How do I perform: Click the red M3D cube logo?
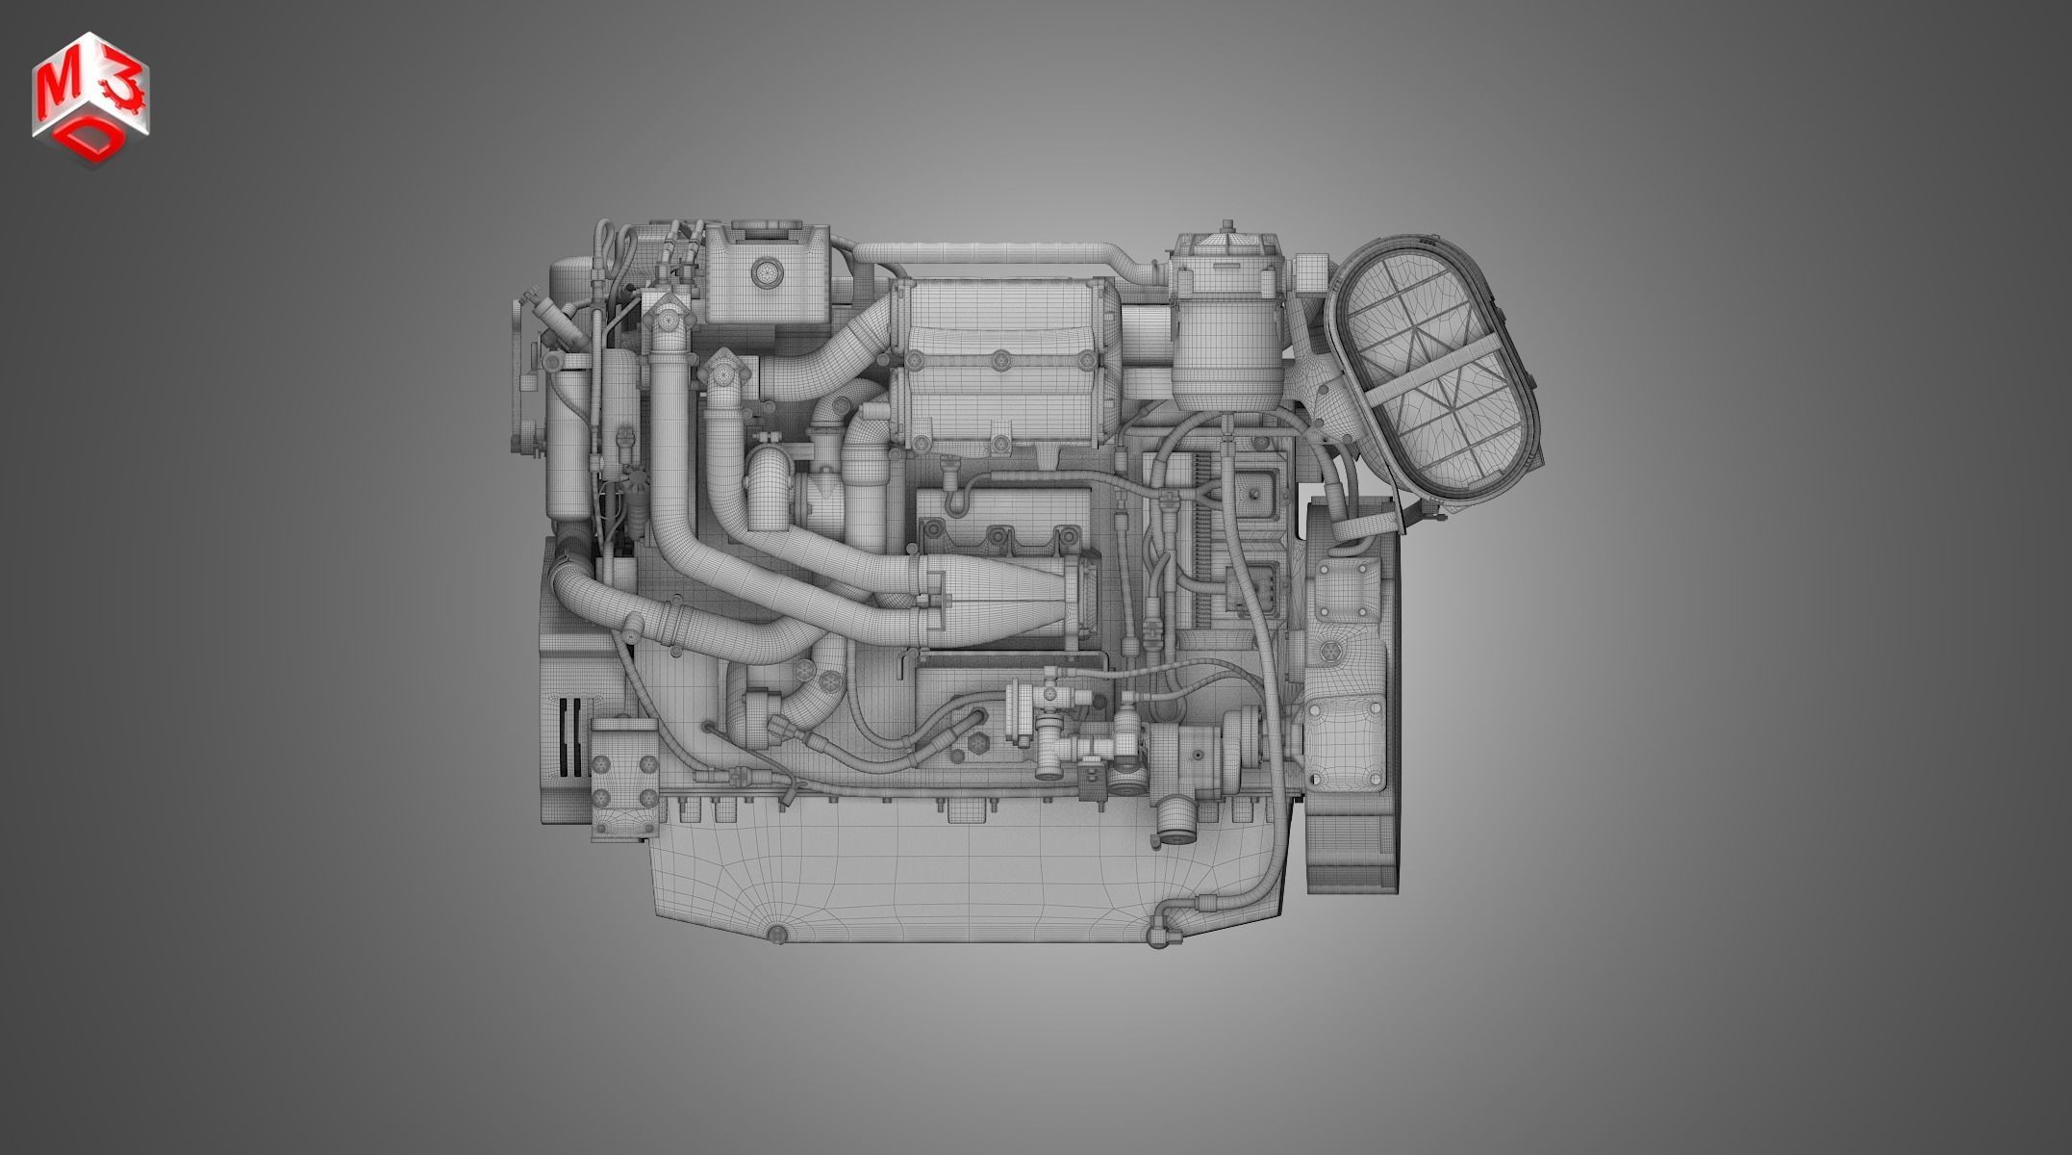click(90, 100)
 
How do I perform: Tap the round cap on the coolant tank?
click(767, 272)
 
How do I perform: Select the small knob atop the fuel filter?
click(1226, 228)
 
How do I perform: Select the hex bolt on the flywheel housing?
click(1328, 652)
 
